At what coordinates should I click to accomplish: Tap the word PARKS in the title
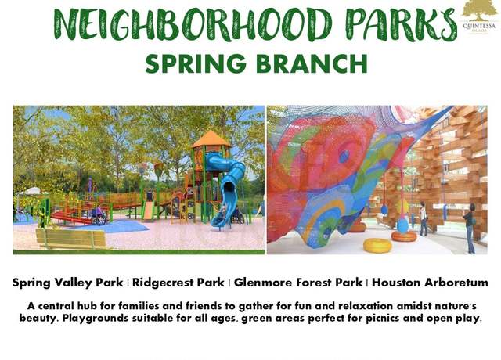click(402, 24)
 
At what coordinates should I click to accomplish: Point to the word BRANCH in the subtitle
click(312, 63)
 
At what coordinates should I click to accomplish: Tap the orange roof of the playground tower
click(211, 139)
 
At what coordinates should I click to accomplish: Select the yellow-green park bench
click(71, 238)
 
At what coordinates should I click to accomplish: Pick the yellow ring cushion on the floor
click(377, 246)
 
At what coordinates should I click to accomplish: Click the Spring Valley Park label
click(68, 283)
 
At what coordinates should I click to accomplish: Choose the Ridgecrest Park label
click(178, 283)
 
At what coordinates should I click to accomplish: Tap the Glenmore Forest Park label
click(298, 283)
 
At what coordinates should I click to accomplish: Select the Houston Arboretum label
click(430, 283)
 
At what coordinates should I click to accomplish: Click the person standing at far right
click(469, 228)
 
